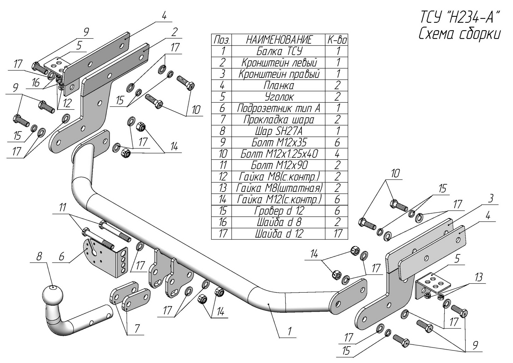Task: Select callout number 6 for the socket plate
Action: click(62, 256)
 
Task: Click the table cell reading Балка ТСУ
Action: click(278, 51)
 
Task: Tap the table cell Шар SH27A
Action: click(278, 131)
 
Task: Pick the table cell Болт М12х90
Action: click(278, 165)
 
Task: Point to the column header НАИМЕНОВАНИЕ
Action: click(278, 40)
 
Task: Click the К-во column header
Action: click(337, 40)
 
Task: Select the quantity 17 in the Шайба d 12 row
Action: click(337, 233)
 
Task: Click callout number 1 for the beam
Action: click(289, 331)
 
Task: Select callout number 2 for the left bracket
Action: click(174, 32)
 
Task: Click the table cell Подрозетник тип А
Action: click(278, 108)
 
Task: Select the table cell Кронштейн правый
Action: click(278, 74)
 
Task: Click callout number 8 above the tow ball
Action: click(39, 256)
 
